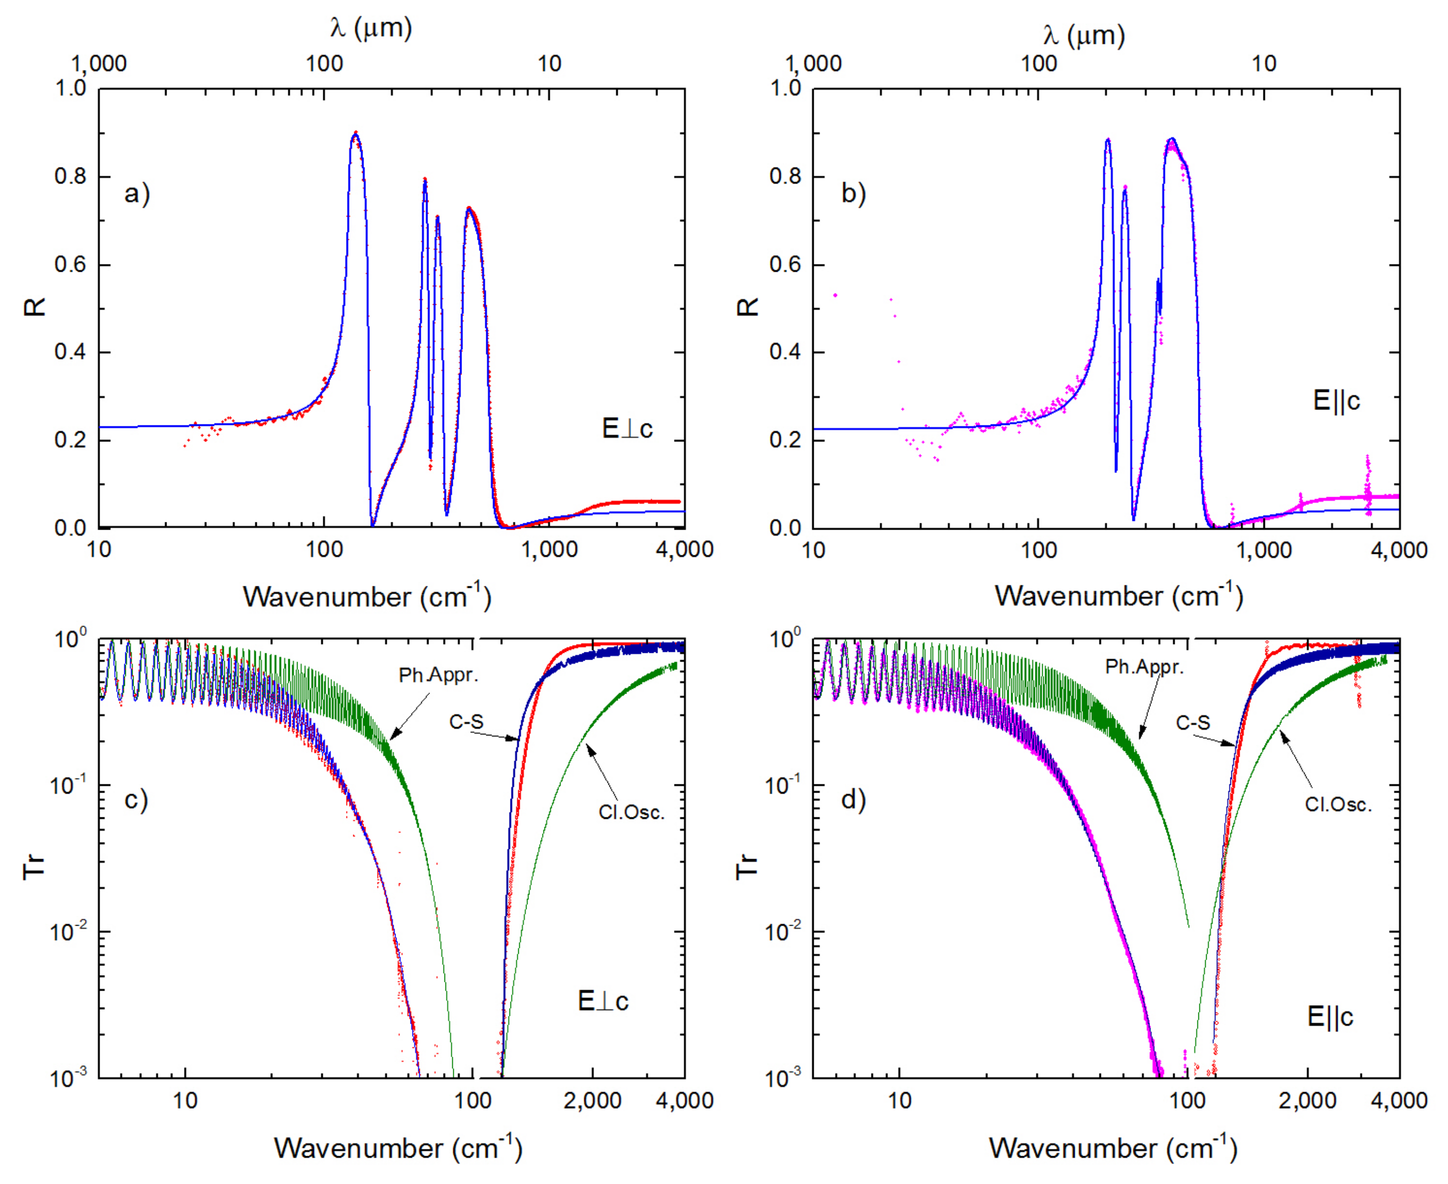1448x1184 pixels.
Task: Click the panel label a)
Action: [137, 194]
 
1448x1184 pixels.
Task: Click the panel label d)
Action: [852, 799]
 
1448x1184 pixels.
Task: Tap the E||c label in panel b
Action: [1336, 400]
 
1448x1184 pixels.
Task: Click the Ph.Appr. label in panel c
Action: [438, 675]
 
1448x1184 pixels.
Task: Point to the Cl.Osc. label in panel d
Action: [1338, 805]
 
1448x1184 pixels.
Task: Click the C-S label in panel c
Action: [466, 721]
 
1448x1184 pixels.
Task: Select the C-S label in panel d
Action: [1192, 722]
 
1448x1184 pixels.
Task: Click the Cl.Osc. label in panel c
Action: [631, 812]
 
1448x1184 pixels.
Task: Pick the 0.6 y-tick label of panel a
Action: [70, 265]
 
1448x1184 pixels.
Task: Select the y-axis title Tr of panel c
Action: [34, 866]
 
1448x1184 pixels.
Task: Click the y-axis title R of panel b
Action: [748, 307]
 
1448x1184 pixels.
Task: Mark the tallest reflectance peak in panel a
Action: [355, 133]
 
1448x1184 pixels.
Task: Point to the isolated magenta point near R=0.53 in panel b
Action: [835, 295]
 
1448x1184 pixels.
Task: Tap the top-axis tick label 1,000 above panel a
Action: [99, 63]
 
